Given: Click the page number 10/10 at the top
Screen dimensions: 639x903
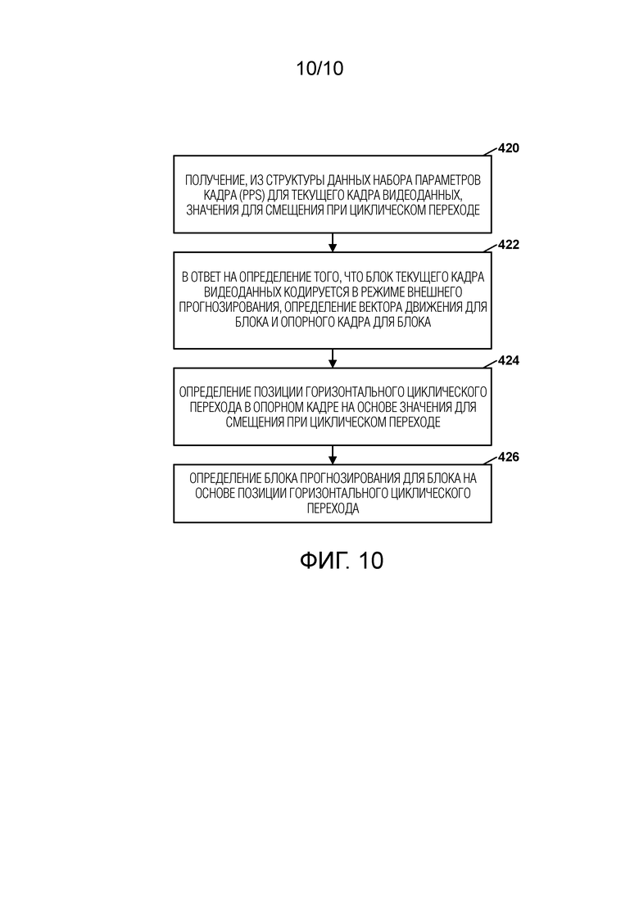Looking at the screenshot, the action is coord(319,69).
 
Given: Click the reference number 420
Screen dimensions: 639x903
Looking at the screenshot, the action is coord(508,148).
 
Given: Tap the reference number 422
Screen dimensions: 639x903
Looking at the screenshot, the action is coord(508,245).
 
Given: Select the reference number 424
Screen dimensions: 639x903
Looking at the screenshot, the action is coord(508,360).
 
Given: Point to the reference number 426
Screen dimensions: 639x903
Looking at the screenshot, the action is coord(508,457).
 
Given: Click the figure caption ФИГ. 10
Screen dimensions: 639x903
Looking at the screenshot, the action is coord(341,560).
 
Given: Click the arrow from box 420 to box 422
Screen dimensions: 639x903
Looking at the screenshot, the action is coord(333,242).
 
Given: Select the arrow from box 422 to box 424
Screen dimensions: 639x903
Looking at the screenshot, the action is coord(333,359).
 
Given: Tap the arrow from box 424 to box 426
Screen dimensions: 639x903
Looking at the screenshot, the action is coord(333,454).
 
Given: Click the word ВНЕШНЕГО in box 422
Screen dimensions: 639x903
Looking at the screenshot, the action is coord(435,292).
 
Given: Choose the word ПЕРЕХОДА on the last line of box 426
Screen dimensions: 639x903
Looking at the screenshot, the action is coord(333,508).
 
